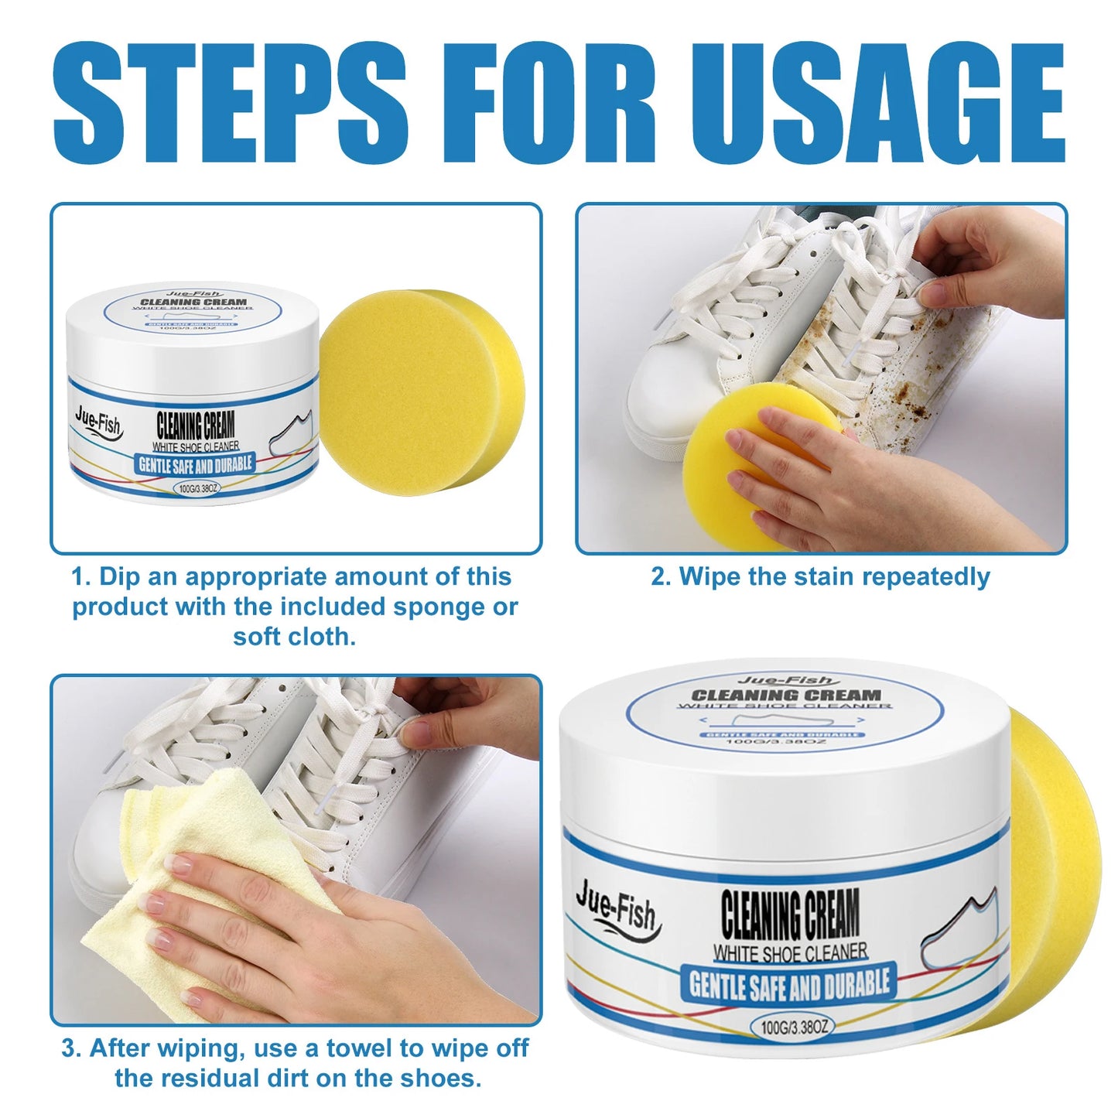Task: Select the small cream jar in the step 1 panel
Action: (193, 395)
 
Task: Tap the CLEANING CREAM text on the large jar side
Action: (789, 913)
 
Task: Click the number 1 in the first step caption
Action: (79, 577)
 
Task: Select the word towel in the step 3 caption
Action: (361, 1048)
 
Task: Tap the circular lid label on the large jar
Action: (785, 712)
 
